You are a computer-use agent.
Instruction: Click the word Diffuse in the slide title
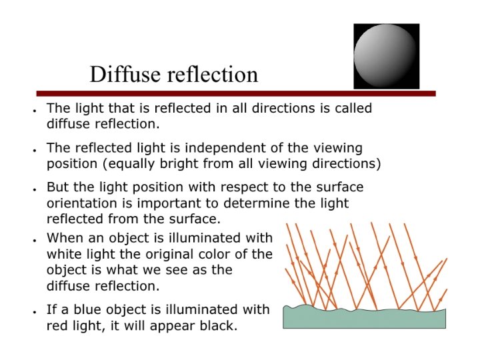pyautogui.click(x=123, y=74)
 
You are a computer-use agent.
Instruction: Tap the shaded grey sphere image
pyautogui.click(x=386, y=56)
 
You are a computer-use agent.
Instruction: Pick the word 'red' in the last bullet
pyautogui.click(x=57, y=327)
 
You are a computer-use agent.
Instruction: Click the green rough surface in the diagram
pyautogui.click(x=364, y=319)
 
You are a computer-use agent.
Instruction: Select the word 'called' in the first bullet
pyautogui.click(x=352, y=108)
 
